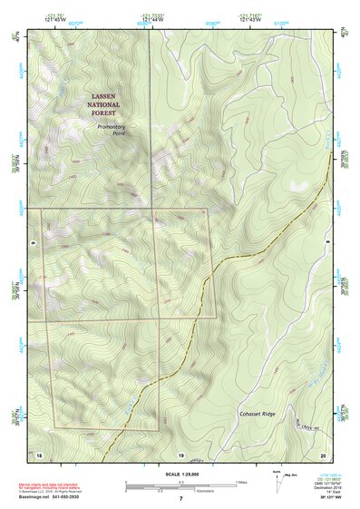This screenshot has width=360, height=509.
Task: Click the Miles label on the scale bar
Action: point(241,481)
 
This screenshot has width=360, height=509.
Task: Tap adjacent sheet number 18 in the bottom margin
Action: point(40,453)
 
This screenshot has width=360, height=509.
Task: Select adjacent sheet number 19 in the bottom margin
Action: point(180,453)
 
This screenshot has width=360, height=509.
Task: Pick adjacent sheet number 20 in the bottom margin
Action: point(322,453)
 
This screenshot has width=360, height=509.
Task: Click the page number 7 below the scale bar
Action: point(180,498)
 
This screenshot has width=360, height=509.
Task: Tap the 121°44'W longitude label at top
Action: point(153,19)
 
